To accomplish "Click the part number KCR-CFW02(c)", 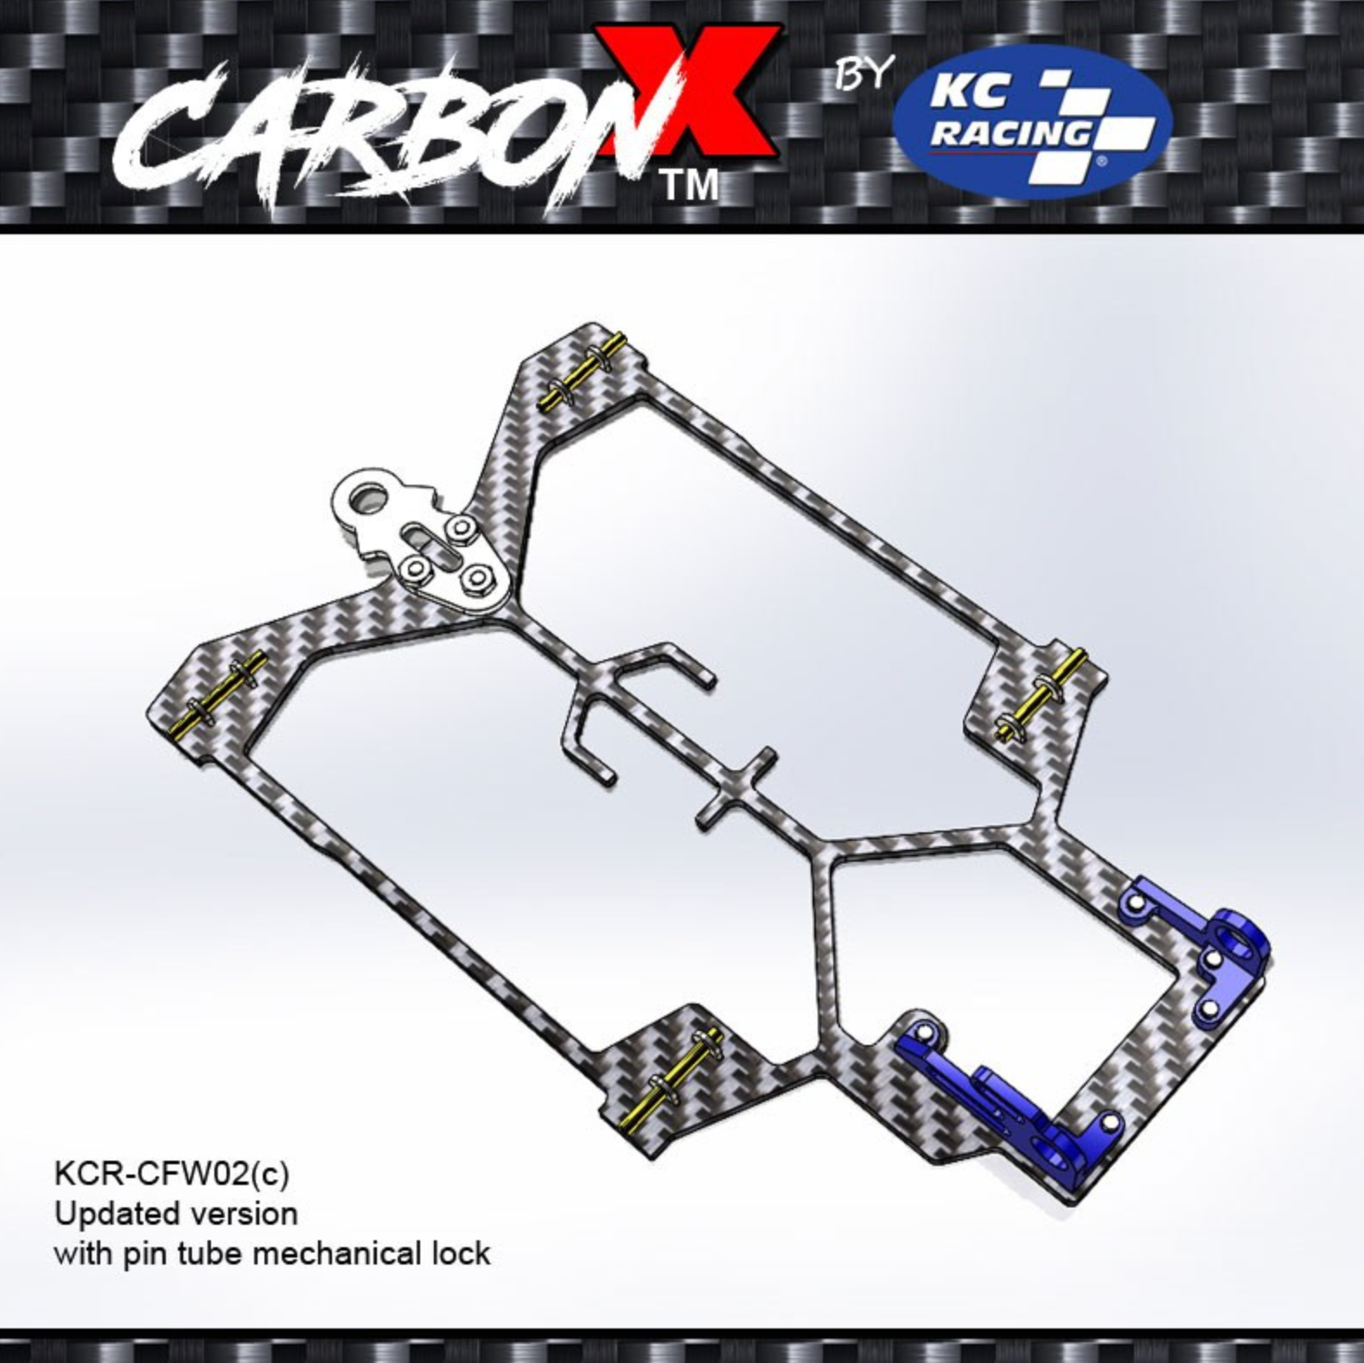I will [171, 1174].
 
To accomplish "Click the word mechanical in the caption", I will [338, 1252].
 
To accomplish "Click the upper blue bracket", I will [1201, 946].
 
